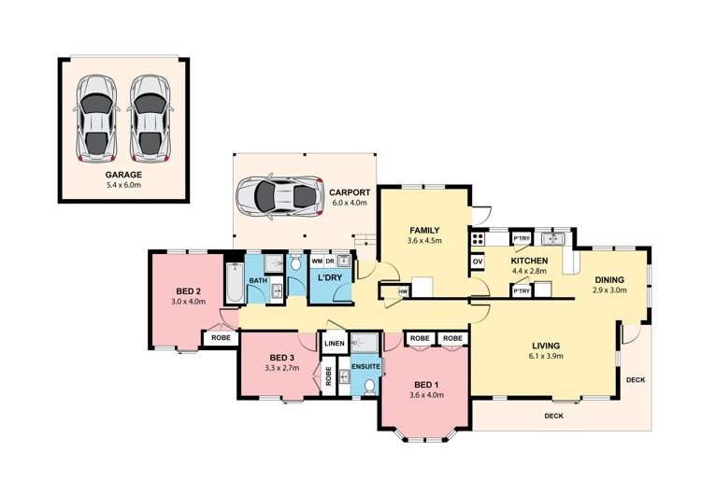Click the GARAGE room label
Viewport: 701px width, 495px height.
[x=123, y=175]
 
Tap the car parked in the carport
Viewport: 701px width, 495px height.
[x=279, y=196]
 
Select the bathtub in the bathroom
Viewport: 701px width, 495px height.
[x=235, y=282]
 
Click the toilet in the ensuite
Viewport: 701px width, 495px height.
[x=369, y=387]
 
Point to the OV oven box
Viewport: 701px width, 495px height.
[x=478, y=262]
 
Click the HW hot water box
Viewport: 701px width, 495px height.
[x=403, y=291]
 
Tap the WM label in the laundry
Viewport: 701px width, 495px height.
[x=317, y=261]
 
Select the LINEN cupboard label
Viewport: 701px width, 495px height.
[x=335, y=343]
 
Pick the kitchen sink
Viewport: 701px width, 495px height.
[x=553, y=238]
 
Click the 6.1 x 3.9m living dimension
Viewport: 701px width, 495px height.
[x=546, y=356]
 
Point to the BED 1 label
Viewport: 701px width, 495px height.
[x=426, y=385]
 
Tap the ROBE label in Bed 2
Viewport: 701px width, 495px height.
[x=221, y=338]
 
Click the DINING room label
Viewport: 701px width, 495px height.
[x=609, y=279]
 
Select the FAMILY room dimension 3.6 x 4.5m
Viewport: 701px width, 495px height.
[x=424, y=240]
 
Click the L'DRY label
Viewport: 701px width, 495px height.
[x=330, y=277]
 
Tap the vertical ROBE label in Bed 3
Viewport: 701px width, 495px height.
[x=329, y=375]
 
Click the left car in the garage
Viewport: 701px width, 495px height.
[x=96, y=119]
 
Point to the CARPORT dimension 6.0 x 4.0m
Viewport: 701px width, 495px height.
[x=350, y=203]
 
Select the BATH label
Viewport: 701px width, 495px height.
[x=258, y=280]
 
